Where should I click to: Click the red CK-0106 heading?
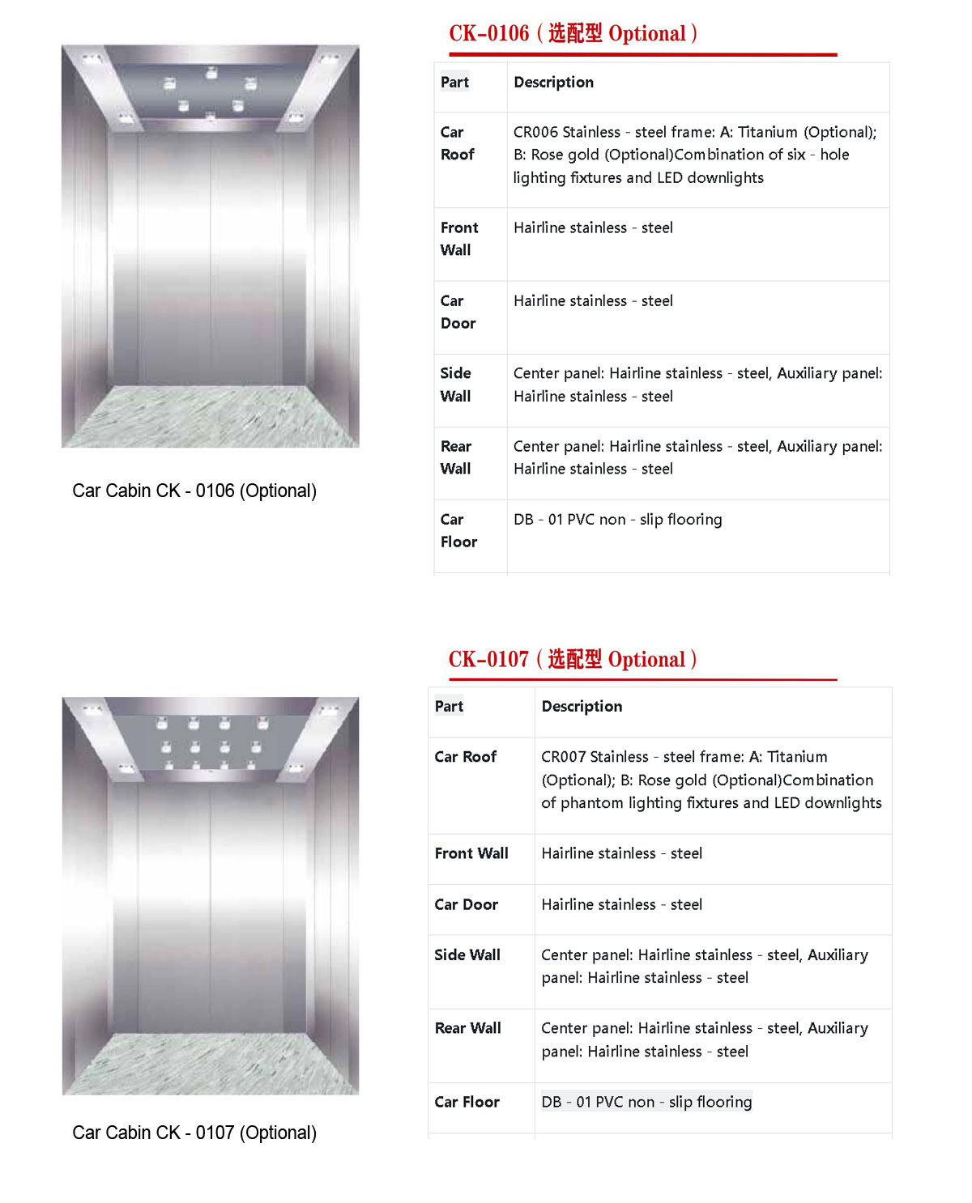[573, 34]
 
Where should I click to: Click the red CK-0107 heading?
[572, 659]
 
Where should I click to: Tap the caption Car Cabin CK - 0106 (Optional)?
[194, 491]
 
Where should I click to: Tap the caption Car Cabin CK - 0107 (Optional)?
[194, 1133]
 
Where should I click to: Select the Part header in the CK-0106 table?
[454, 82]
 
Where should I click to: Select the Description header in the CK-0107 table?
[582, 706]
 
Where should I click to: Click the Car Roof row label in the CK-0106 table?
[457, 143]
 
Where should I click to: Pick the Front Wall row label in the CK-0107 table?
[471, 853]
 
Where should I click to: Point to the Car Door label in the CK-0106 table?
[458, 312]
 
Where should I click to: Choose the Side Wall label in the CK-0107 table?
[467, 954]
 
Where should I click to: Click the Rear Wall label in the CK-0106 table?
[456, 457]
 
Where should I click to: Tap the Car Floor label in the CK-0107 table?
[467, 1102]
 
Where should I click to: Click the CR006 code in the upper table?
[536, 132]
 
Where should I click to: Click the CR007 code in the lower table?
[564, 757]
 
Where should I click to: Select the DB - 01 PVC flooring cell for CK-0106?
[617, 520]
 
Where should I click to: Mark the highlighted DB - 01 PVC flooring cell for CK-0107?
[646, 1102]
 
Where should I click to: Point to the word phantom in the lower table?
[590, 803]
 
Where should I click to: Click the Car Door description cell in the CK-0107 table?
[621, 904]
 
